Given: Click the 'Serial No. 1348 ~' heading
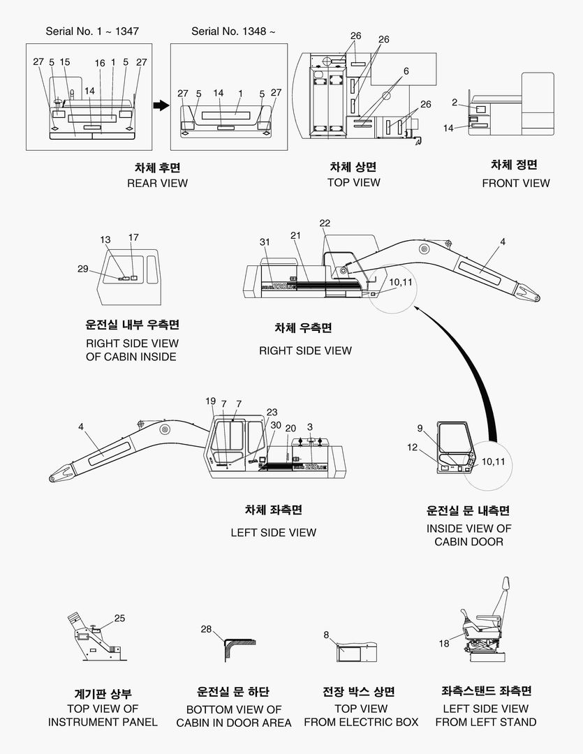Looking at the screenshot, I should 233,31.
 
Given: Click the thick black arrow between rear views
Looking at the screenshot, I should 161,105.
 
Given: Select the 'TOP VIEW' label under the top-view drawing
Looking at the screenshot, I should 354,182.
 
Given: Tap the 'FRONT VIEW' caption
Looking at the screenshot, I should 516,183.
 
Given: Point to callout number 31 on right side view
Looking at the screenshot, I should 265,242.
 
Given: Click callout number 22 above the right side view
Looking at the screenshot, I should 325,223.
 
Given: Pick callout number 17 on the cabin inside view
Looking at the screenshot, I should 133,238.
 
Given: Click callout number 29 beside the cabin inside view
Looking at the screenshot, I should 83,269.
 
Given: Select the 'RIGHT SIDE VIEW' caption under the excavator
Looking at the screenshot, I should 305,350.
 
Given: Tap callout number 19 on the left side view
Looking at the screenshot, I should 211,401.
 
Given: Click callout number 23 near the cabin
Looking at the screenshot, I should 272,412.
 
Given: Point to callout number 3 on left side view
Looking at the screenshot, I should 310,427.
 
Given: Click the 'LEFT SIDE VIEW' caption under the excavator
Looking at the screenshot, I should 273,533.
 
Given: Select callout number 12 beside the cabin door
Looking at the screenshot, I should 412,447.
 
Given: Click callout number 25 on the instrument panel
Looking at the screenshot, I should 119,618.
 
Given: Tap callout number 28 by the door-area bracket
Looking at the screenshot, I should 206,629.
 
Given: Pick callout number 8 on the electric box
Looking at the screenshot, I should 326,635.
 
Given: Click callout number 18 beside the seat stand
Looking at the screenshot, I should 444,644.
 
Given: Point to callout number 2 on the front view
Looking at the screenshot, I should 455,103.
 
